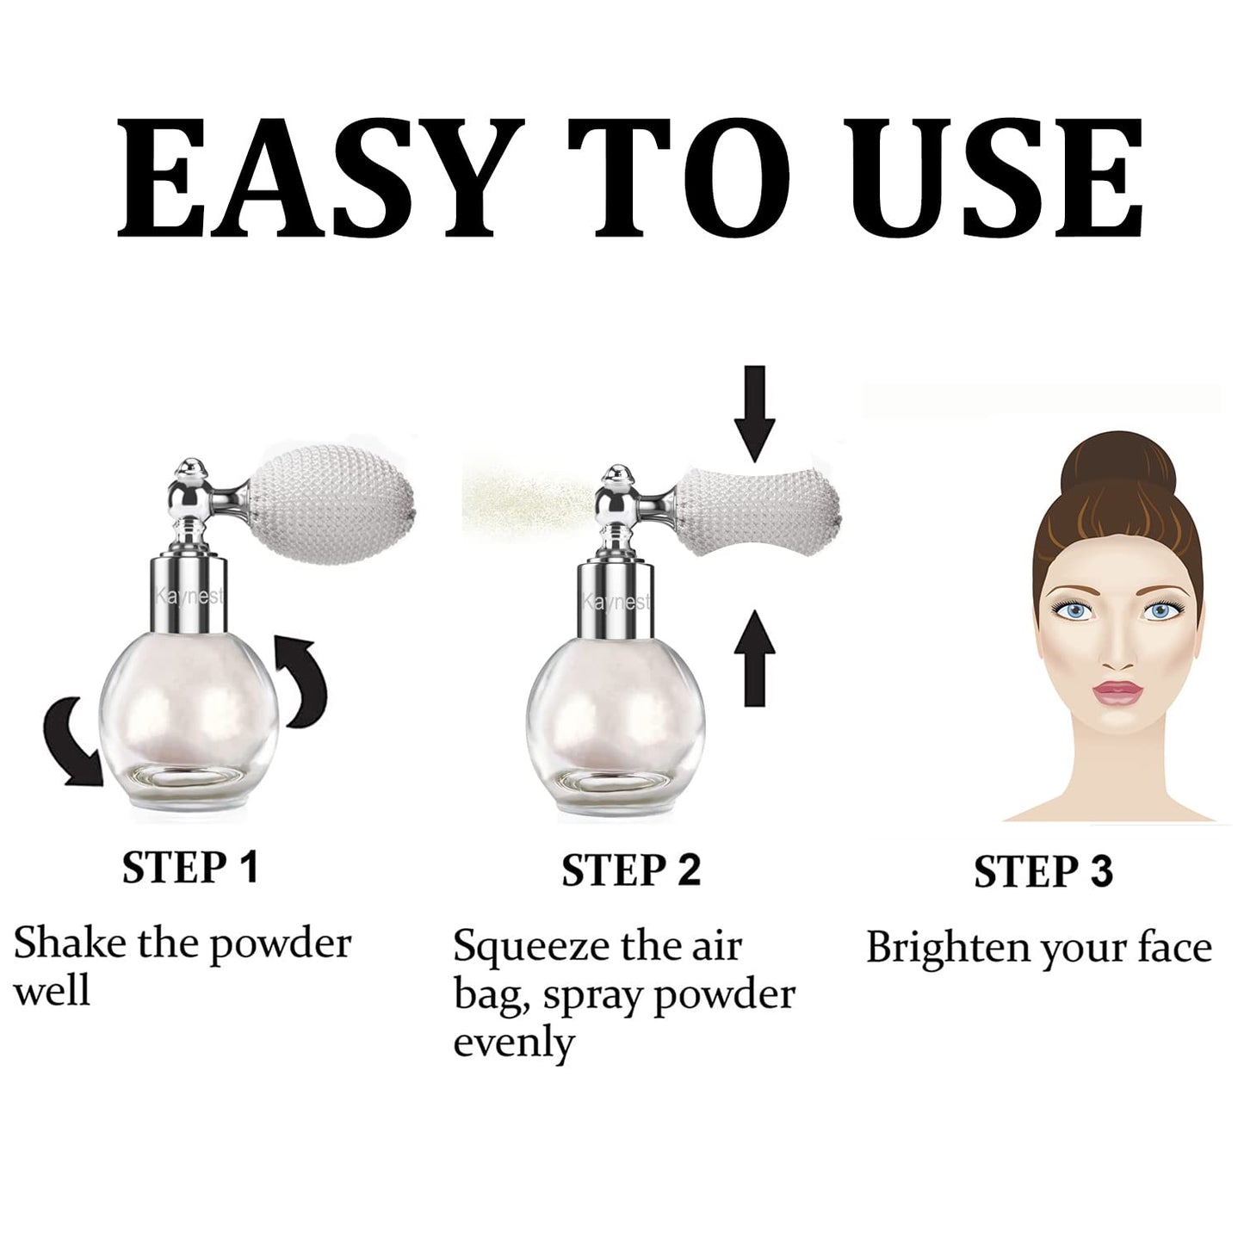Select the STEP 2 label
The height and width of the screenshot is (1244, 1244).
(631, 870)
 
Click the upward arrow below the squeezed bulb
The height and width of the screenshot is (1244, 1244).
(755, 656)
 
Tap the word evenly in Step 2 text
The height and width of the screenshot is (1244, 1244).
(513, 1043)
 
